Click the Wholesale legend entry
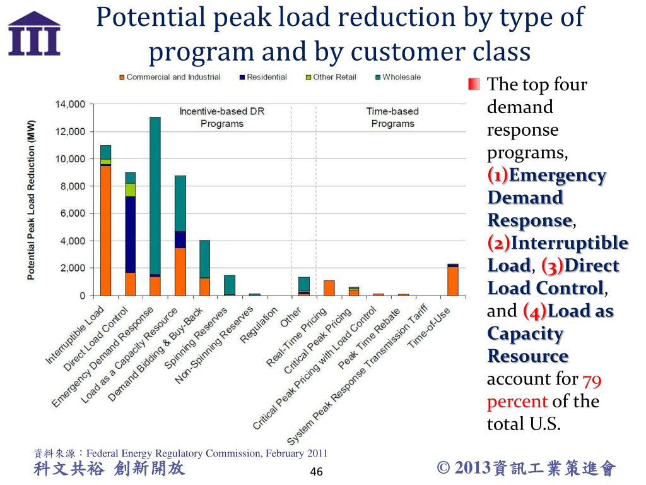tap(401, 77)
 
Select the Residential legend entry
tap(266, 77)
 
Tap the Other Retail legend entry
tap(334, 77)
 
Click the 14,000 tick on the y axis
tap(70, 104)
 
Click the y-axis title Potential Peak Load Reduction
tap(31, 200)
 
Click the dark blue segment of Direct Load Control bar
tap(130, 234)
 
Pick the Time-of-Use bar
tap(453, 280)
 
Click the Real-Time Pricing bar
tap(329, 288)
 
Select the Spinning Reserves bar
tap(230, 285)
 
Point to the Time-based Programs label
tap(392, 117)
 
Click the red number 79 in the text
tap(591, 379)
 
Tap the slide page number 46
tap(317, 472)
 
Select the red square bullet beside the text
tap(474, 84)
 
